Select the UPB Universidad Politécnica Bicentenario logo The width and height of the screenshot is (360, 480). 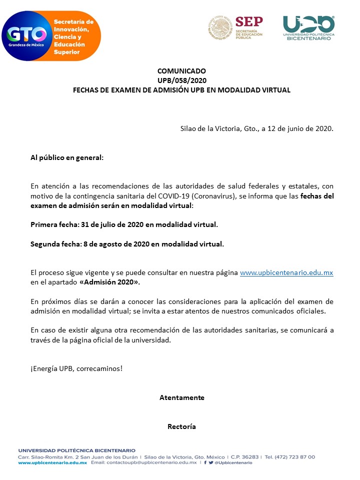coord(308,28)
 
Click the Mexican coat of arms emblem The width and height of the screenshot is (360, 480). coord(220,27)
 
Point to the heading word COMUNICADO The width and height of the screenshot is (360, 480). coord(181,71)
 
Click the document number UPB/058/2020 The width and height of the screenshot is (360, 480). coord(181,80)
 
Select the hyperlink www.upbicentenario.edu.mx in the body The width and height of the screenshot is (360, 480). coord(286,272)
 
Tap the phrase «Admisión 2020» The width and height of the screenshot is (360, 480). coord(109,282)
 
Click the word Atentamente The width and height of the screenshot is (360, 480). coord(181,397)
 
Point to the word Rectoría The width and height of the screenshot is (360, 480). coord(181,426)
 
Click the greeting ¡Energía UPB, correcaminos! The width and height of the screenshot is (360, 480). coord(76,368)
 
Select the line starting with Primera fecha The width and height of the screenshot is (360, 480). coord(124,224)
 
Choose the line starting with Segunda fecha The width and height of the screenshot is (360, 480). coord(127,244)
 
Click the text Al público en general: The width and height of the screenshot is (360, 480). coord(67,157)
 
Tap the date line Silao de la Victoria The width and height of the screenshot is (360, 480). coord(256,128)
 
